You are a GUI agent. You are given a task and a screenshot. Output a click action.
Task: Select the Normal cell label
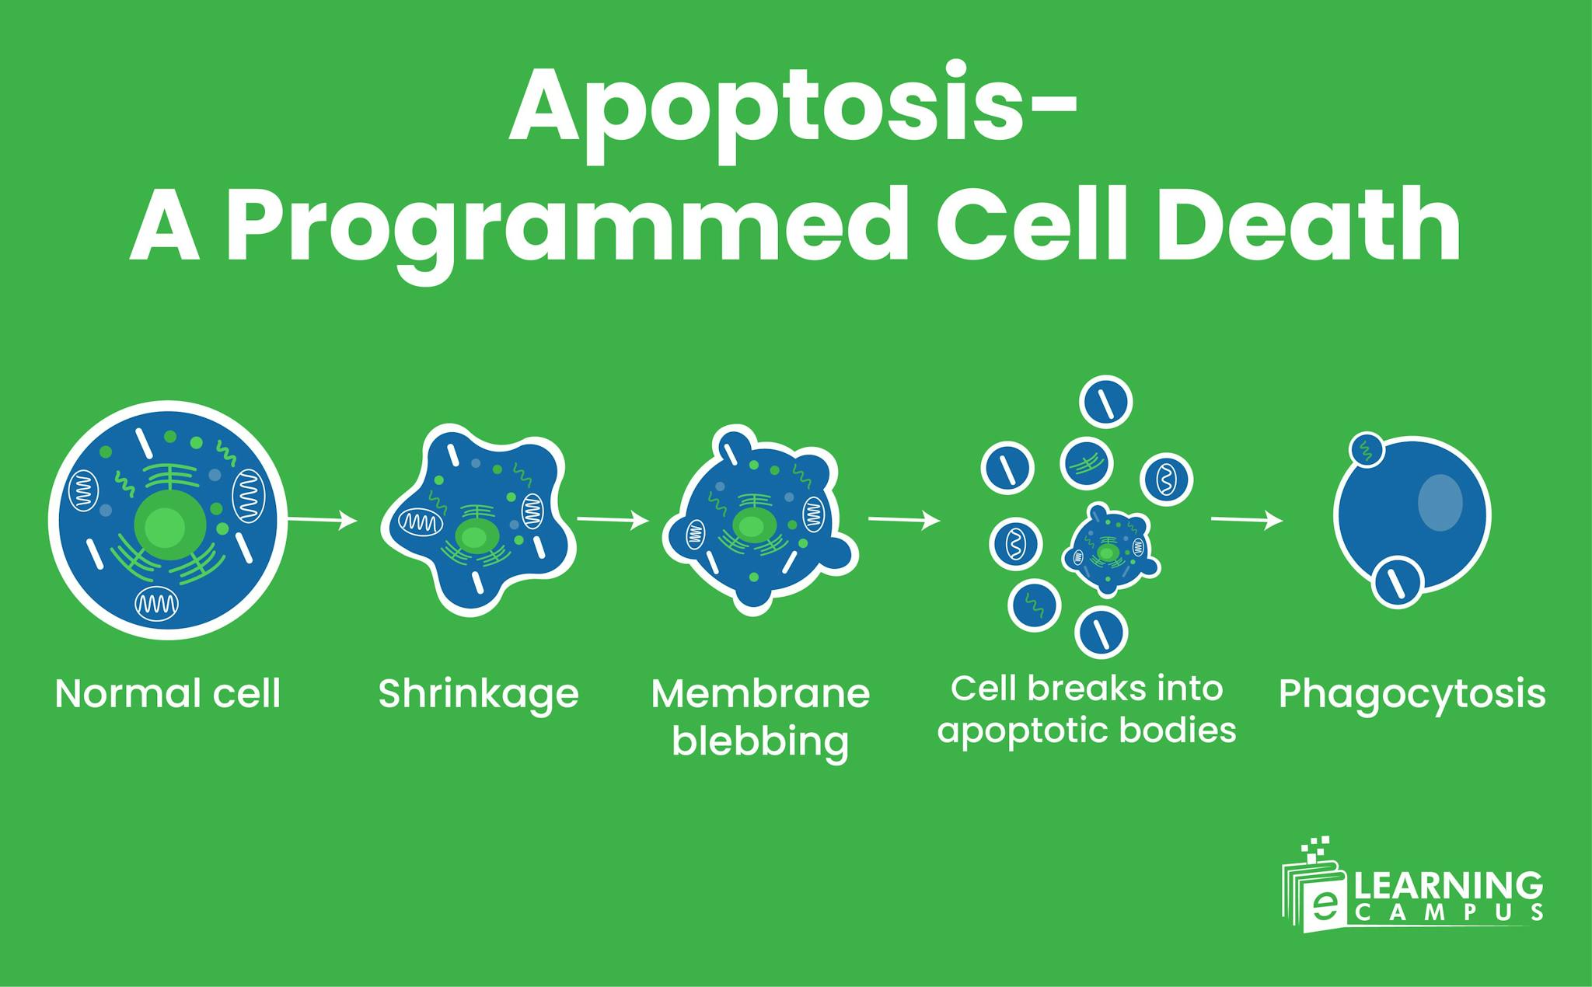pyautogui.click(x=167, y=693)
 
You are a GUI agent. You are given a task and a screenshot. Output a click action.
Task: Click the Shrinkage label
pyautogui.click(x=478, y=693)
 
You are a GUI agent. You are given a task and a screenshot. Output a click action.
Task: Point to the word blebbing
pyautogui.click(x=760, y=741)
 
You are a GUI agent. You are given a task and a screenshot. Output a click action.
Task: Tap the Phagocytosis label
pyautogui.click(x=1412, y=693)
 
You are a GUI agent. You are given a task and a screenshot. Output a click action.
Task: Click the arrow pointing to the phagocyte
pyautogui.click(x=1247, y=520)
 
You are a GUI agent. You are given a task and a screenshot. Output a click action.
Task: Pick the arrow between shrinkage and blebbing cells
pyautogui.click(x=613, y=520)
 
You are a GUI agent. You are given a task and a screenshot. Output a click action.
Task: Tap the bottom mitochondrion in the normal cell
pyautogui.click(x=156, y=603)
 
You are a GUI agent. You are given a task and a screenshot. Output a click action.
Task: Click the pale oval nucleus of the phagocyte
pyautogui.click(x=1440, y=502)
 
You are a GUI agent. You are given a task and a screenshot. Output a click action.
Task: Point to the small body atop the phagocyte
pyautogui.click(x=1366, y=449)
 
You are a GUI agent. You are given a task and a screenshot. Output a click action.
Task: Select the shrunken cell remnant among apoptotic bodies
pyautogui.click(x=1109, y=551)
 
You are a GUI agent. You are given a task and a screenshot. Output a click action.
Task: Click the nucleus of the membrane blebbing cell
pyautogui.click(x=750, y=526)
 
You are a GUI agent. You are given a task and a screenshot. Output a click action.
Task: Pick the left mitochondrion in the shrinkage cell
pyautogui.click(x=421, y=521)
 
